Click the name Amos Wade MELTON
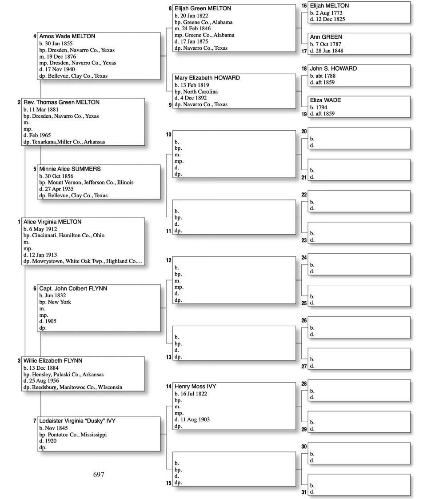(x=67, y=36)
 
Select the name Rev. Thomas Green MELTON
(x=61, y=102)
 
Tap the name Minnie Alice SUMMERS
(x=70, y=169)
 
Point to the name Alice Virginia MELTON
(x=52, y=222)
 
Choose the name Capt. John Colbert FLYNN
(x=73, y=288)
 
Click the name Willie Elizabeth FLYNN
(x=53, y=361)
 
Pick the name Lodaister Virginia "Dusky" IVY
(x=77, y=421)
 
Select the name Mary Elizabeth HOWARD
(x=207, y=78)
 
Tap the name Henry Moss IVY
(x=195, y=387)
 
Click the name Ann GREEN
(x=326, y=37)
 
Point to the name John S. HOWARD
(x=333, y=69)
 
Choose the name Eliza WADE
(x=325, y=100)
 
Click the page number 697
(x=99, y=475)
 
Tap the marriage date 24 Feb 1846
(x=196, y=28)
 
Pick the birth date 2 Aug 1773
(x=329, y=13)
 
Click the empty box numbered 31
(x=359, y=484)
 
